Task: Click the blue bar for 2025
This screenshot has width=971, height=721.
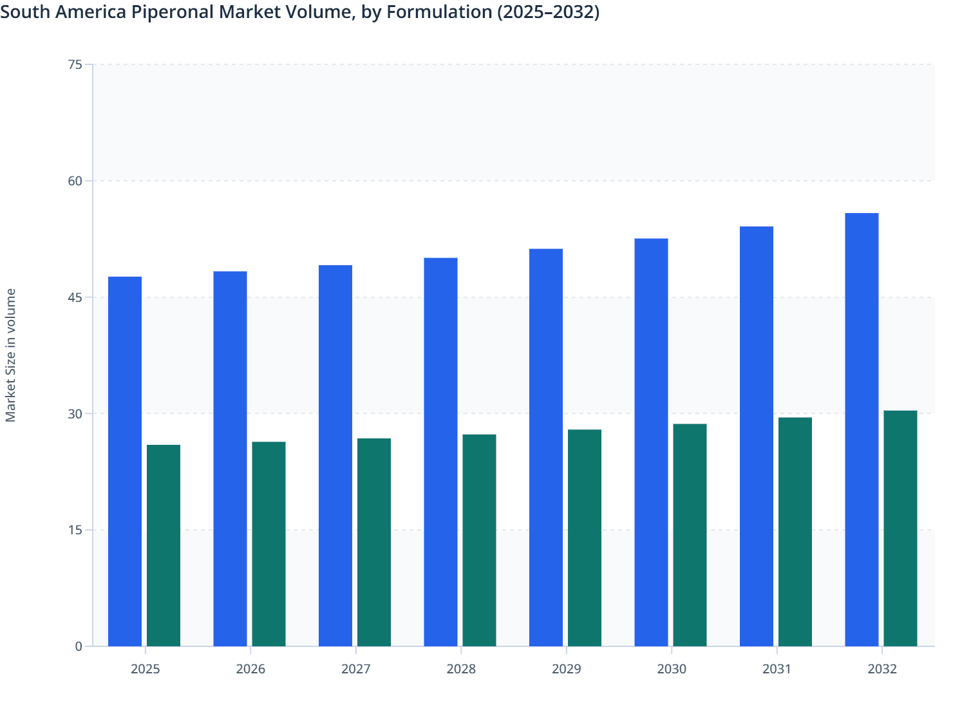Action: (x=125, y=461)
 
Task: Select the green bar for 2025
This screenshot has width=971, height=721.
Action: (x=164, y=545)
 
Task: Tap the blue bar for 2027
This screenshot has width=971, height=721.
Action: (x=335, y=455)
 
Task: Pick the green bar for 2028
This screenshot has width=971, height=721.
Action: (x=479, y=540)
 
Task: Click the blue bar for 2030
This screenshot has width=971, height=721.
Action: (x=651, y=442)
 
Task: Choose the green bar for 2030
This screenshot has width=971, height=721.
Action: (x=690, y=535)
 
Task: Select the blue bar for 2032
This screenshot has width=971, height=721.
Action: (x=862, y=429)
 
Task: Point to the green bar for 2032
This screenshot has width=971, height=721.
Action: (x=900, y=528)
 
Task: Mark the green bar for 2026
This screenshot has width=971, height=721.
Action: (x=269, y=544)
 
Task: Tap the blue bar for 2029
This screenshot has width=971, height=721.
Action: (x=546, y=447)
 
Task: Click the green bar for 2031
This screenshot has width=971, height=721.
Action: (x=795, y=532)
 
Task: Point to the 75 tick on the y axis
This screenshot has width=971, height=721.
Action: (x=75, y=64)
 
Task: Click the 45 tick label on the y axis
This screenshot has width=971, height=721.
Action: (x=75, y=297)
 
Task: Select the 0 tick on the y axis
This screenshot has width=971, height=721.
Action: (x=79, y=646)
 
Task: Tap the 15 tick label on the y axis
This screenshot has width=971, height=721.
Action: (x=75, y=530)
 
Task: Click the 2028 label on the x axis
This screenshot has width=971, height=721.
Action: (x=461, y=669)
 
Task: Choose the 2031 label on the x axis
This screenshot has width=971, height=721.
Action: (x=777, y=669)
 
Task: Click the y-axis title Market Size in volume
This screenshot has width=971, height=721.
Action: (x=11, y=355)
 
